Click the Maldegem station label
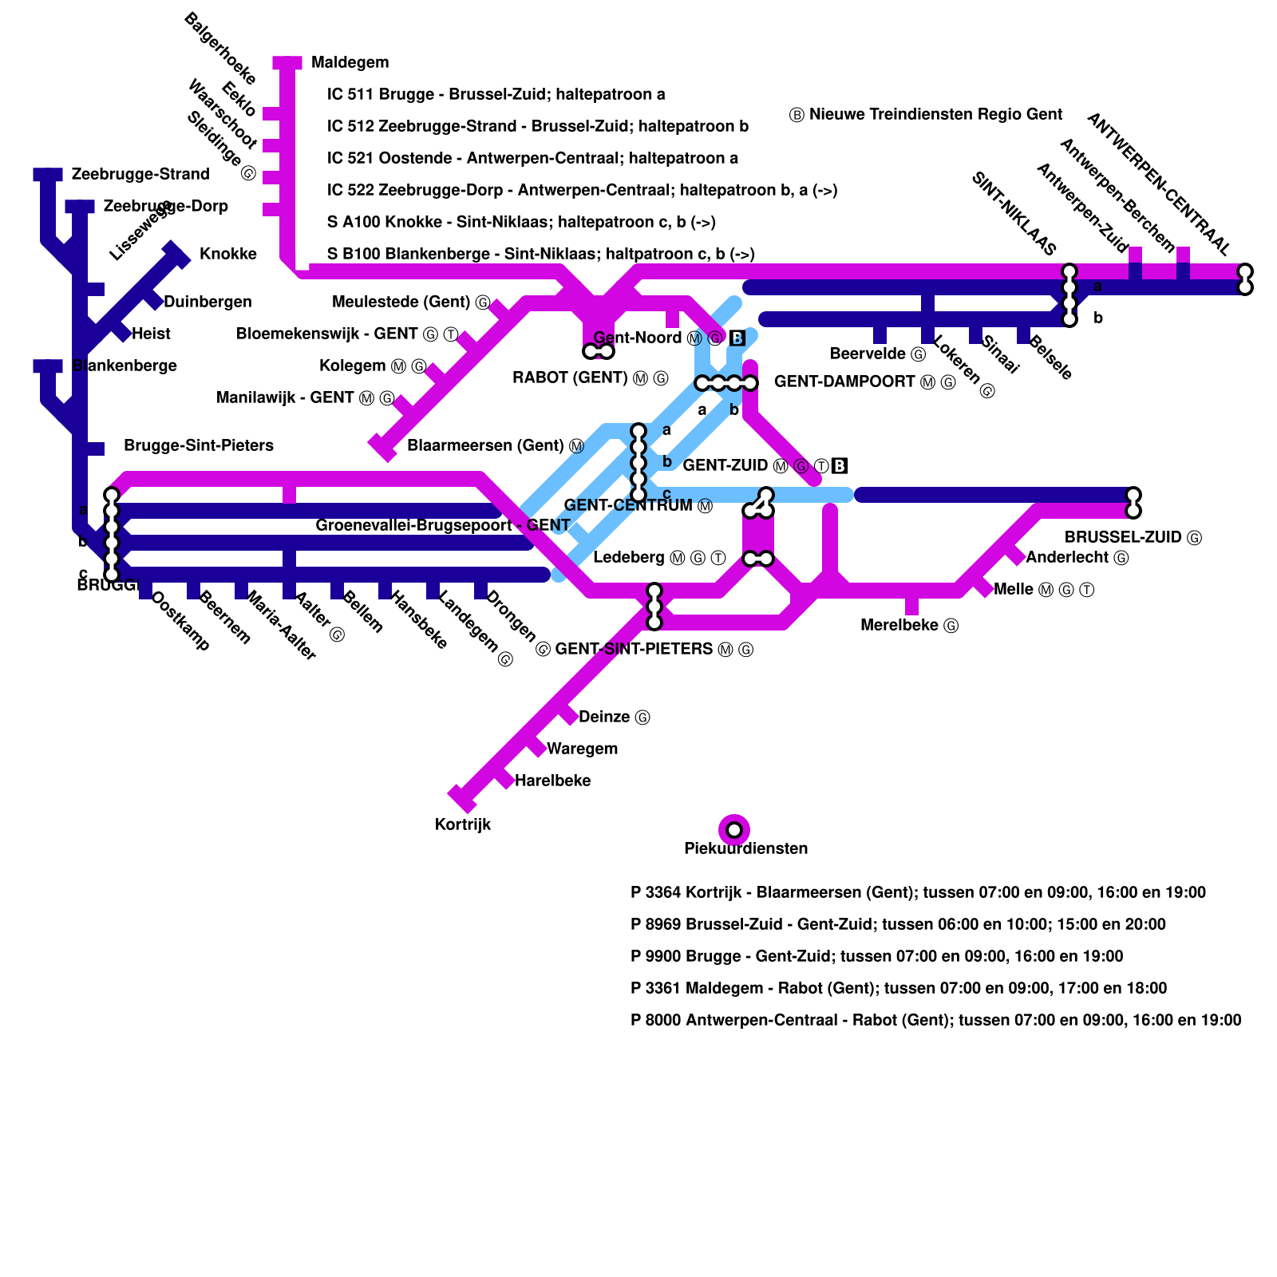pyautogui.click(x=350, y=62)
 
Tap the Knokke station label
pyautogui.click(x=227, y=254)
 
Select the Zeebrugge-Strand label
pyautogui.click(x=140, y=174)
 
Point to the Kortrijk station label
pyautogui.click(x=462, y=824)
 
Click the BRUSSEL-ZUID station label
pyautogui.click(x=1123, y=537)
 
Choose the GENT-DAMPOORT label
pyautogui.click(x=844, y=382)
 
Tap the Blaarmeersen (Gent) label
pyautogui.click(x=485, y=445)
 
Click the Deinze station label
pyautogui.click(x=604, y=717)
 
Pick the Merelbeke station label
pyautogui.click(x=899, y=625)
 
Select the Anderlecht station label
pyautogui.click(x=1067, y=557)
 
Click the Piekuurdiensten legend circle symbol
pyautogui.click(x=734, y=829)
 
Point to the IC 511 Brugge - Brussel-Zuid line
pyautogui.click(x=496, y=94)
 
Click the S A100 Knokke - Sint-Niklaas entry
pyautogui.click(x=521, y=222)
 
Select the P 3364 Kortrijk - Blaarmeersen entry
pyautogui.click(x=918, y=892)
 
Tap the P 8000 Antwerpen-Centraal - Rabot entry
pyautogui.click(x=935, y=1020)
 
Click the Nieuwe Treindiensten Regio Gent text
pyautogui.click(x=935, y=114)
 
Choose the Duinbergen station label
pyautogui.click(x=208, y=302)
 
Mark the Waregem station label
pyautogui.click(x=582, y=749)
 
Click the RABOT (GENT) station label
pyautogui.click(x=570, y=378)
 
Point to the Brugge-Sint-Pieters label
pyautogui.click(x=199, y=445)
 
